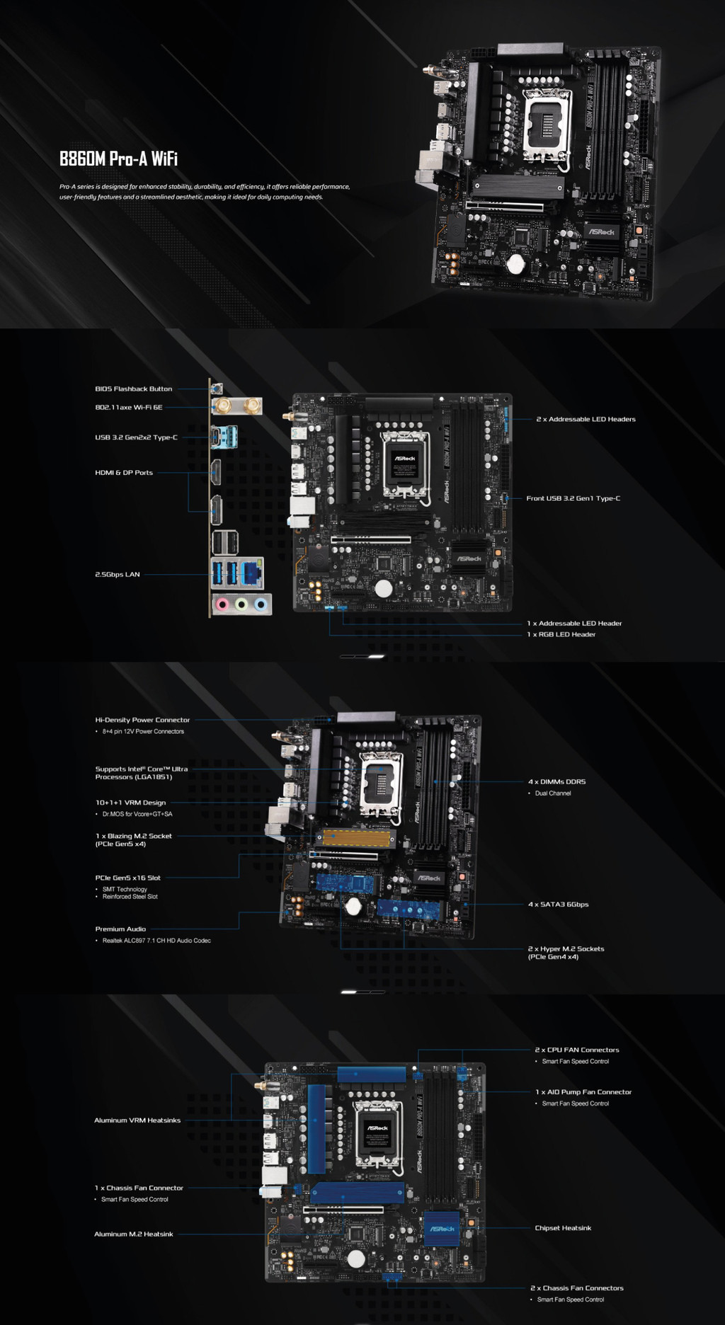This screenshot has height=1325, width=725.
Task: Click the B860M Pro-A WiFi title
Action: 118,159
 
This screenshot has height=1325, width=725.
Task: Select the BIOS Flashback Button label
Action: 134,389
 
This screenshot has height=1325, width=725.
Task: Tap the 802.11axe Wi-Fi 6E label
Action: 129,407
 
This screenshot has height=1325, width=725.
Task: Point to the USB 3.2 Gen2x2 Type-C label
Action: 137,437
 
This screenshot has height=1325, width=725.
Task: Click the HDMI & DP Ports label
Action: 124,473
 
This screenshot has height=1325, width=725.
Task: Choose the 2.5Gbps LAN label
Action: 118,575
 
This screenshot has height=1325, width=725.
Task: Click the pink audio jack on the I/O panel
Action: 222,604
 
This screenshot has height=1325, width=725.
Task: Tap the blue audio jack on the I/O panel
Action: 261,604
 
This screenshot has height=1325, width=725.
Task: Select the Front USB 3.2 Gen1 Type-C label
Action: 573,498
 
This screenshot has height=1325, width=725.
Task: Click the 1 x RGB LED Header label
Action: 561,634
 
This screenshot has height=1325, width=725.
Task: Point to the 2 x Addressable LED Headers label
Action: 586,419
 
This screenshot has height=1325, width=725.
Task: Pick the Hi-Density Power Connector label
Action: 142,720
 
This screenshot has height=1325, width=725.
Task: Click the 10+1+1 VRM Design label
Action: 131,803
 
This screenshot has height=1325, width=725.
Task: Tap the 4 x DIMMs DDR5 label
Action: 557,781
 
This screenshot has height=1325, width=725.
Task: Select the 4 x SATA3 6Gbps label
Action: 559,905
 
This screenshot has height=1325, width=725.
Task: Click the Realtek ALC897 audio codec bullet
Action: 156,941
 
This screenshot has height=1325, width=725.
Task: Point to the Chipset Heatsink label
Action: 563,1228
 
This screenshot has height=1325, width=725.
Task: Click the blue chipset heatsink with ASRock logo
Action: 442,1229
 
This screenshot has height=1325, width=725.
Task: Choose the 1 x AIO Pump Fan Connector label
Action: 583,1092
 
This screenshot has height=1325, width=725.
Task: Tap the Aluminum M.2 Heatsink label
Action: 134,1234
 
